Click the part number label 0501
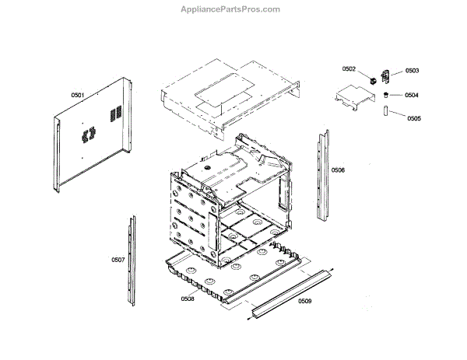click(x=78, y=95)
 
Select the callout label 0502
click(x=349, y=69)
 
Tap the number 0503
click(x=412, y=71)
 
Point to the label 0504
click(x=412, y=95)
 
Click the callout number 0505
click(x=413, y=118)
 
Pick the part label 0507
click(x=118, y=259)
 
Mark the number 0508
click(x=188, y=299)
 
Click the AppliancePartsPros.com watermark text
click(x=234, y=9)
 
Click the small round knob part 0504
click(x=385, y=94)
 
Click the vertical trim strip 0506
click(x=321, y=175)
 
